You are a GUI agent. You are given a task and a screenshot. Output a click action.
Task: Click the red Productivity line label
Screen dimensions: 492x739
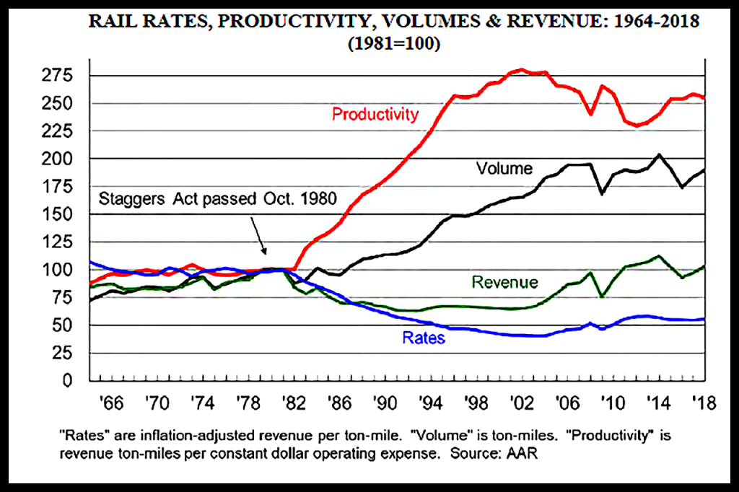pyautogui.click(x=375, y=114)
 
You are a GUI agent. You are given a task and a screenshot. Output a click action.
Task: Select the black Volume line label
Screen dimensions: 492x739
pyautogui.click(x=504, y=169)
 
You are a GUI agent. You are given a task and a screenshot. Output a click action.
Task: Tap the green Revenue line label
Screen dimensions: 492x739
pyautogui.click(x=504, y=282)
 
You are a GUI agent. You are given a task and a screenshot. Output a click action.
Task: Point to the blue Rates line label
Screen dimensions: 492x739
pyautogui.click(x=424, y=336)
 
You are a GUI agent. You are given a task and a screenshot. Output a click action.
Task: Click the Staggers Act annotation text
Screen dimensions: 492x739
pyautogui.click(x=216, y=198)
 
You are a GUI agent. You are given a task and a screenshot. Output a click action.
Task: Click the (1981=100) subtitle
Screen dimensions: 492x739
pyautogui.click(x=394, y=43)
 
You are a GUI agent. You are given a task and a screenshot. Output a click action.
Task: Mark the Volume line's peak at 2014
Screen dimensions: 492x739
pyautogui.click(x=659, y=154)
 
